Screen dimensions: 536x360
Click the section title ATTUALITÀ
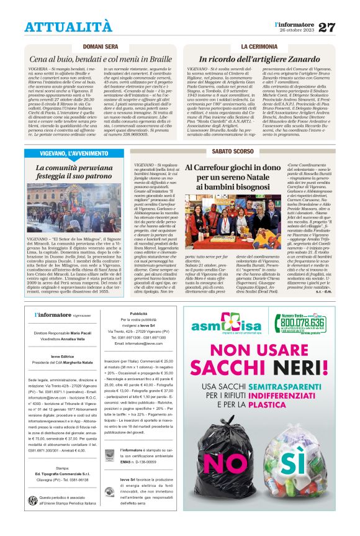tap(68, 27)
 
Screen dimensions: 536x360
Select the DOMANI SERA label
tap(101, 47)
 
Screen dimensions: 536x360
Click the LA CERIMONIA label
tap(260, 47)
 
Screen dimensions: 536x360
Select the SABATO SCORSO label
tap(233, 152)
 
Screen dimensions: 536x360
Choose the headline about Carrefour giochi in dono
tap(233, 177)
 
